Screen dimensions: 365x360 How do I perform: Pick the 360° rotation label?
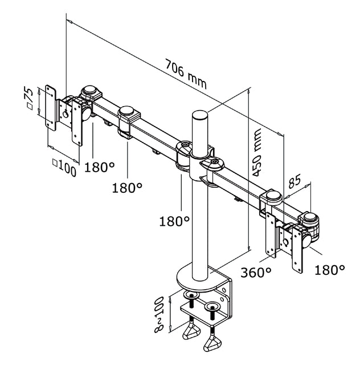pyautogui.click(x=255, y=272)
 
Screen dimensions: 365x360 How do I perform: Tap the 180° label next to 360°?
pyautogui.click(x=330, y=269)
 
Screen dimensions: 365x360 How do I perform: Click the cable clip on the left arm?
pyautogui.click(x=128, y=121)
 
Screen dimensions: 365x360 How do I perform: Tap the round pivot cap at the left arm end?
pyautogui.click(x=89, y=92)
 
